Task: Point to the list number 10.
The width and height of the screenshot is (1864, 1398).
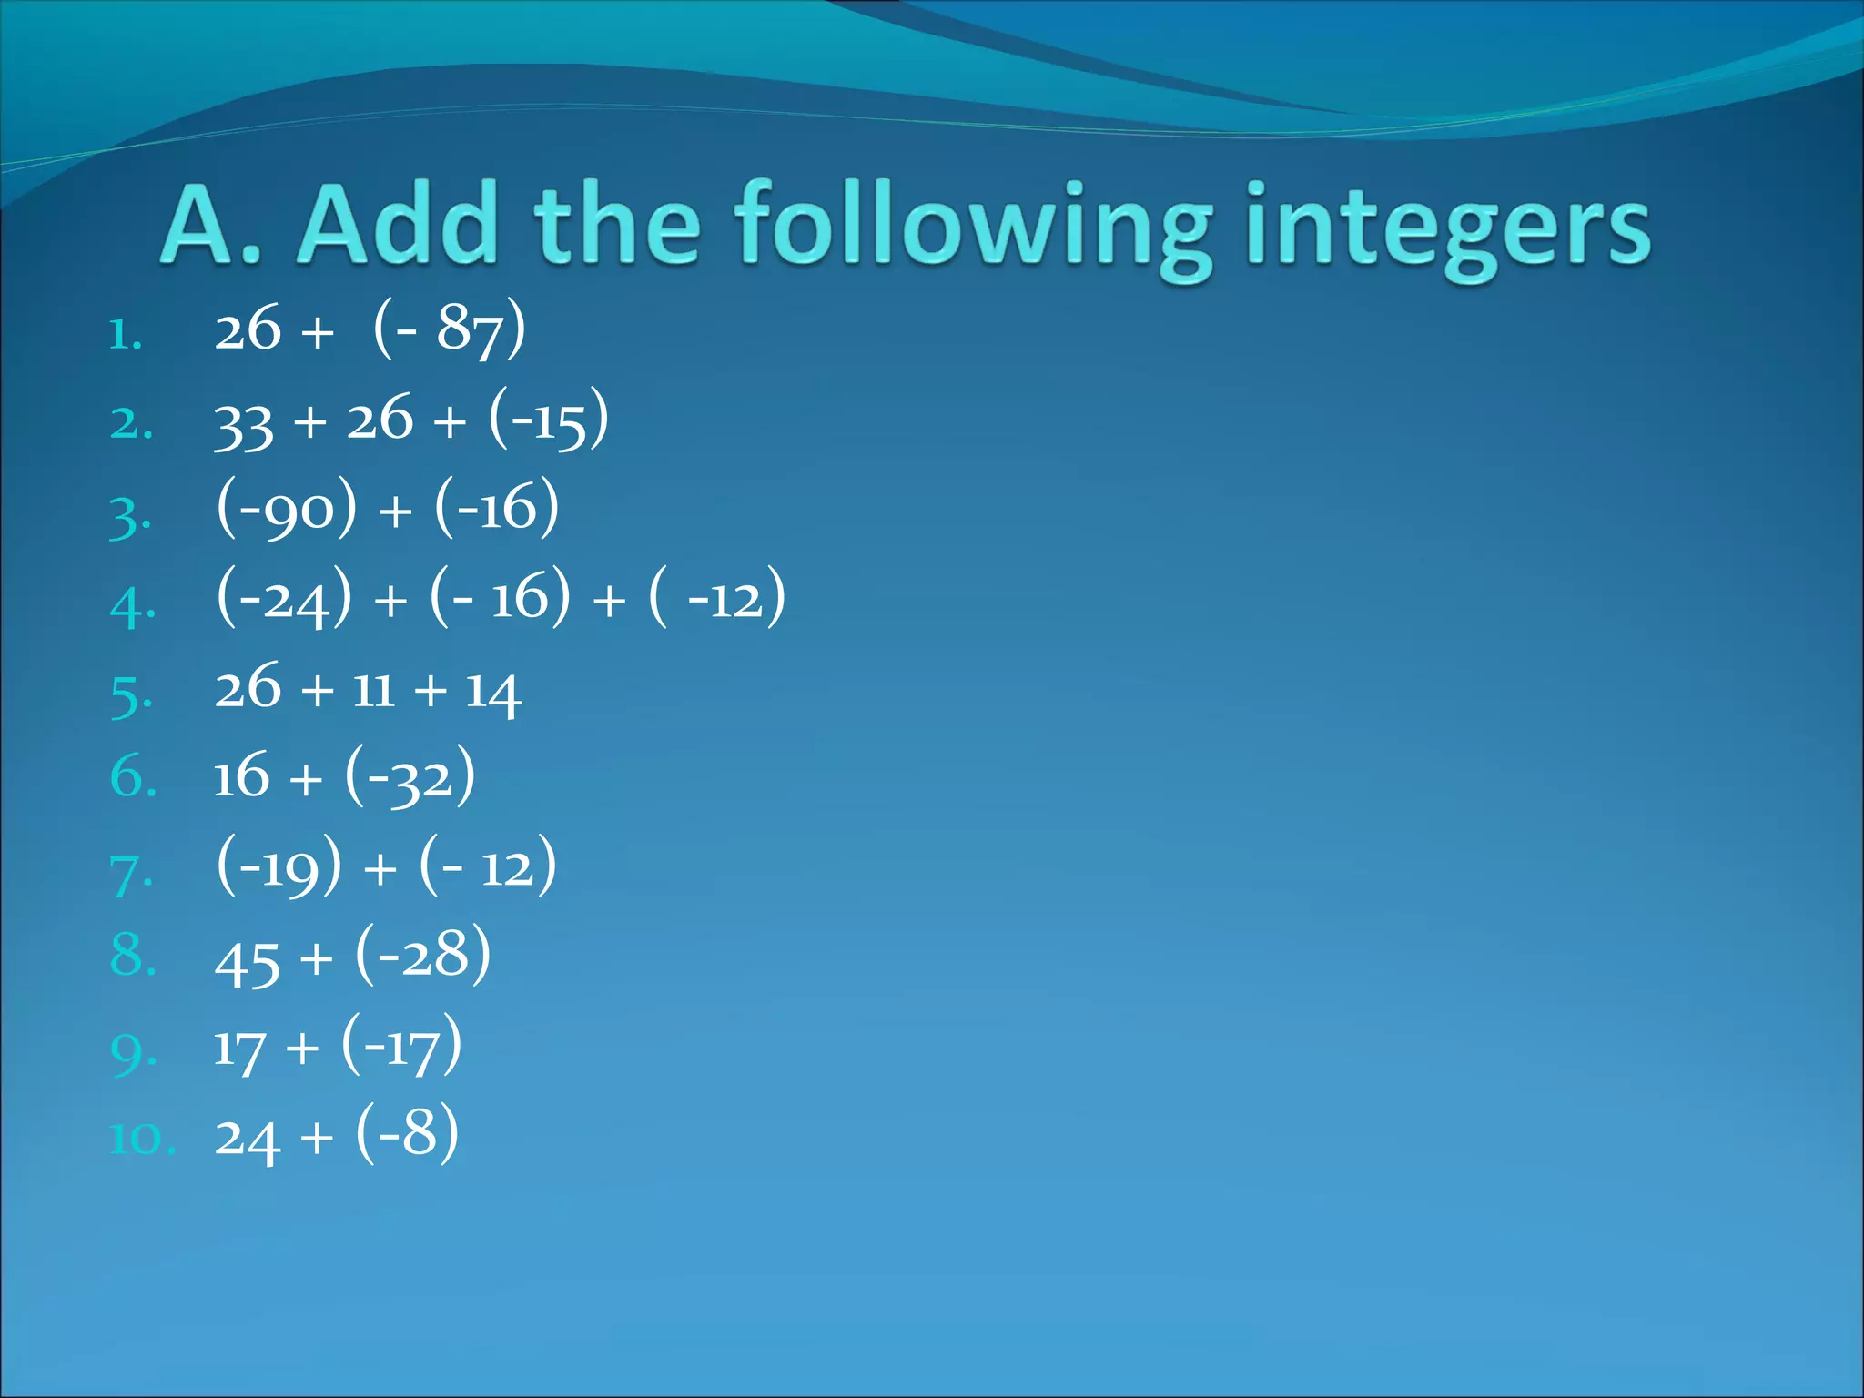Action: pyautogui.click(x=142, y=1139)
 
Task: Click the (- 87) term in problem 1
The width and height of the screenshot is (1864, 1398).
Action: pyautogui.click(x=449, y=328)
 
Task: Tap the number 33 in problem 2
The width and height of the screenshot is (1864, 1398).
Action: pyautogui.click(x=243, y=423)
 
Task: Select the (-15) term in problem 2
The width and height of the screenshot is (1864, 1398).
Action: pyautogui.click(x=548, y=419)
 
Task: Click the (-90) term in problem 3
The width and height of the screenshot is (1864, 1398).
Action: pyautogui.click(x=287, y=508)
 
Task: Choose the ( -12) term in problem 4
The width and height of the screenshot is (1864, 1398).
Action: pyautogui.click(x=717, y=597)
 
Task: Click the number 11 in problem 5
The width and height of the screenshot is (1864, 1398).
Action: pyautogui.click(x=373, y=690)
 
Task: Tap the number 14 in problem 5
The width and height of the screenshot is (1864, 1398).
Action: pyautogui.click(x=492, y=692)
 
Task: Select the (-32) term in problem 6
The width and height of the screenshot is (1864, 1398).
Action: pyautogui.click(x=410, y=776)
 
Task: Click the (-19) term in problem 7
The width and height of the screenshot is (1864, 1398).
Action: pyautogui.click(x=279, y=866)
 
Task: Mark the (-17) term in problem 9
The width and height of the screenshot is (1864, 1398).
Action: pyautogui.click(x=401, y=1045)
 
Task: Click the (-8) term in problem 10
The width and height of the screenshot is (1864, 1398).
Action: pyautogui.click(x=407, y=1134)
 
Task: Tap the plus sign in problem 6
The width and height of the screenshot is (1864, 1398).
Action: pyautogui.click(x=307, y=779)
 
